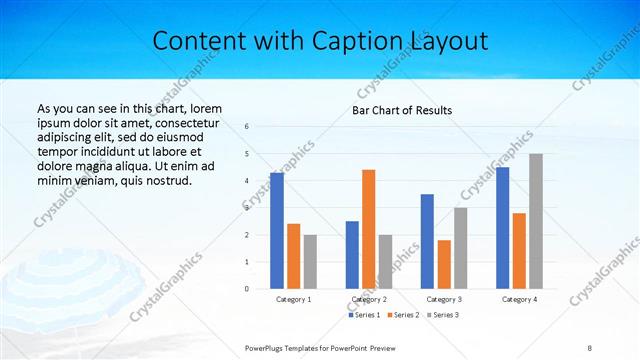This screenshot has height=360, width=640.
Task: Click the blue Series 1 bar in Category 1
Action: [277, 231]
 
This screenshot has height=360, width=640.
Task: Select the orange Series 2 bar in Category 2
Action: [368, 229]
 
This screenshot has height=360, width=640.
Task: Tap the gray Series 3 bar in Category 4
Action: [536, 221]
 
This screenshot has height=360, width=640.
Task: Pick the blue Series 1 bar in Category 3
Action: [427, 241]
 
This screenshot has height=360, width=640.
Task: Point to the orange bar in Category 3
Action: [444, 264]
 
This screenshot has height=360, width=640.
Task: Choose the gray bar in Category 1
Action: [310, 261]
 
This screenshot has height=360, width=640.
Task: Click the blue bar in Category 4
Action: [502, 227]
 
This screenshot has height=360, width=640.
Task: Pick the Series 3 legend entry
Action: [443, 315]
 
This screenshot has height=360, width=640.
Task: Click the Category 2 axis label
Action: [369, 299]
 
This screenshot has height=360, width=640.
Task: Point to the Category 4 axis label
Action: [519, 299]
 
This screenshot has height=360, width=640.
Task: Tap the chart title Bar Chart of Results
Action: [402, 110]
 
